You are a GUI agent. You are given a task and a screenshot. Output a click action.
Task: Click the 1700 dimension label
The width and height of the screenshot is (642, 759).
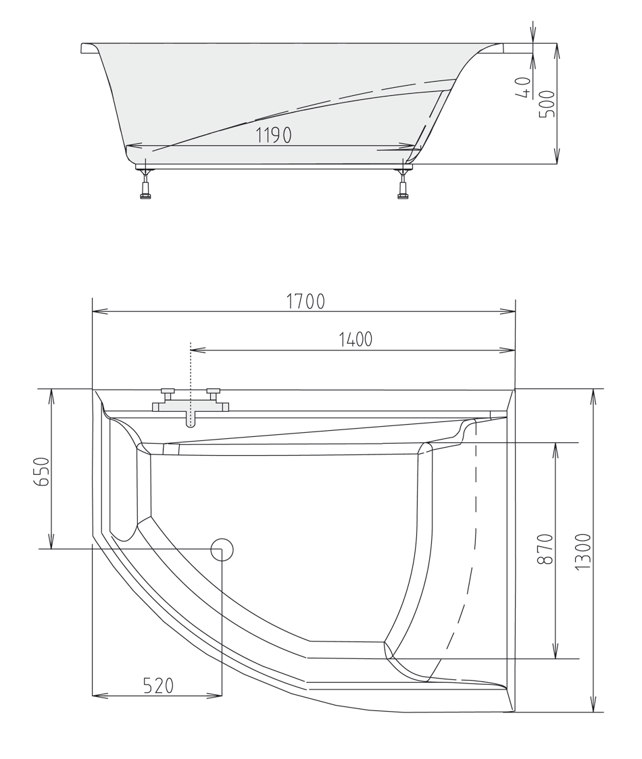pyautogui.click(x=305, y=301)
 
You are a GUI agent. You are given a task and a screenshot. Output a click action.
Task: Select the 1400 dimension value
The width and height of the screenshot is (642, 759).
pyautogui.click(x=355, y=340)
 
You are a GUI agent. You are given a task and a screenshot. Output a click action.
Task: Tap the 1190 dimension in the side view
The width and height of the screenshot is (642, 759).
pyautogui.click(x=274, y=136)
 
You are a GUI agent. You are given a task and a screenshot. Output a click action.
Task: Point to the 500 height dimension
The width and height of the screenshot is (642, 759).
pyautogui.click(x=547, y=104)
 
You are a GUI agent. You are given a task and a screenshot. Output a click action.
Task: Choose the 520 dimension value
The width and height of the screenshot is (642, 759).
pyautogui.click(x=158, y=686)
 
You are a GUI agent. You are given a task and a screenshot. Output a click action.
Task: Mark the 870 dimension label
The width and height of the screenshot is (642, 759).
pyautogui.click(x=545, y=548)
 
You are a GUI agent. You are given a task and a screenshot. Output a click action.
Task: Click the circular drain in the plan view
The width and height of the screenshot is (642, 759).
pyautogui.click(x=222, y=550)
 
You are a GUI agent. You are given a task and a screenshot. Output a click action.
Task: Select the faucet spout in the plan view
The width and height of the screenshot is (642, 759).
pyautogui.click(x=191, y=419)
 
